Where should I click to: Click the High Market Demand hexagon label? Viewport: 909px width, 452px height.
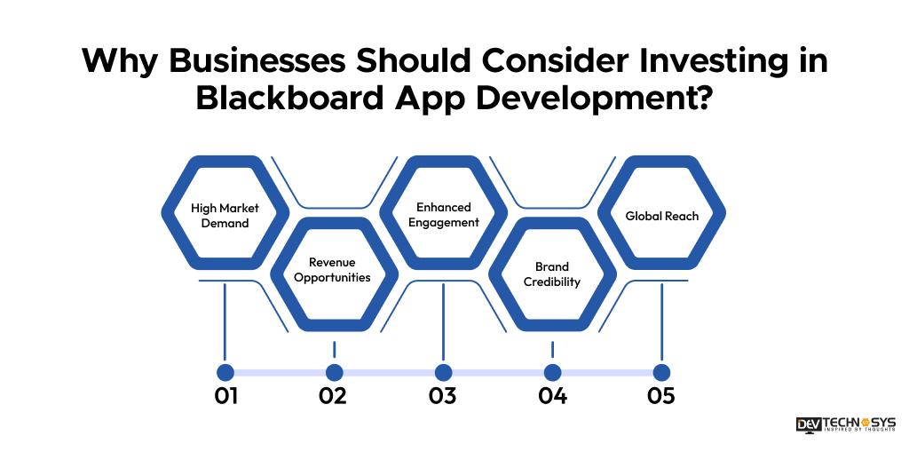[x=225, y=215]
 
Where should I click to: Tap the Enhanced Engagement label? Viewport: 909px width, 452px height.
[x=443, y=215]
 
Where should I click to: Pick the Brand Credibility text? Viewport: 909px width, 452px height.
[x=552, y=274]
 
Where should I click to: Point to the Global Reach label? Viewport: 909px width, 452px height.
[x=661, y=216]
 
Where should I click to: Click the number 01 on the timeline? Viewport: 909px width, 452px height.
[x=225, y=396]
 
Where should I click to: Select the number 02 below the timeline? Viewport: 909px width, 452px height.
[x=334, y=396]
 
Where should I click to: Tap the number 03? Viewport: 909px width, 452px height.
[x=443, y=396]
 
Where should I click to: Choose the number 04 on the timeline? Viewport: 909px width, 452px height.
[x=552, y=396]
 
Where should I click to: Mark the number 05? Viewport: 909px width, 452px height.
[x=661, y=396]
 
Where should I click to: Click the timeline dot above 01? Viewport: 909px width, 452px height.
[x=225, y=372]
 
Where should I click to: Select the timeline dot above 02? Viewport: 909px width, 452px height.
[x=335, y=372]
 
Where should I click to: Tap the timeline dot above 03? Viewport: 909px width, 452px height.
[x=443, y=372]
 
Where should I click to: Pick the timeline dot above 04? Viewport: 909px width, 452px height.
[x=552, y=372]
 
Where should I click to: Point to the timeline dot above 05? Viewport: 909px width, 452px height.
[x=661, y=372]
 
